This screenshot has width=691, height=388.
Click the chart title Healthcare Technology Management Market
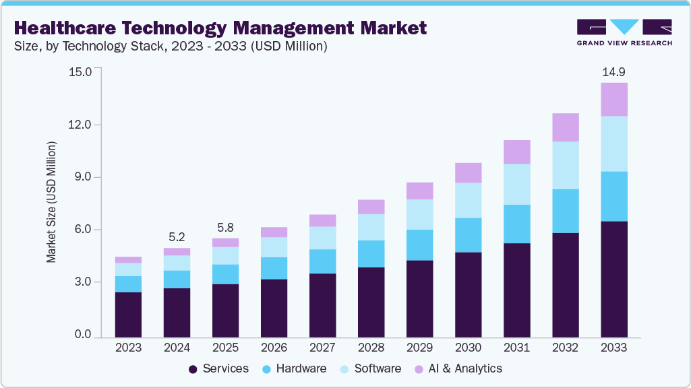coord(220,28)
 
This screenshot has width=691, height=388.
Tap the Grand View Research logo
coord(624,33)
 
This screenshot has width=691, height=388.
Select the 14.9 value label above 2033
coord(614,71)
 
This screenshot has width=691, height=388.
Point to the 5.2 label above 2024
coord(177,236)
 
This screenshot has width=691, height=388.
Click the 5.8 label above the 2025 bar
coord(225,227)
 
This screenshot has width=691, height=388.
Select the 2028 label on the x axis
coord(371,348)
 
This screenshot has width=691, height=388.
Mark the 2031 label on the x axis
coord(516,348)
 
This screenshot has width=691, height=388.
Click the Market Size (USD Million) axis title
coord(51,202)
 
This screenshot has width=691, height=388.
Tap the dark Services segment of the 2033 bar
coord(614,279)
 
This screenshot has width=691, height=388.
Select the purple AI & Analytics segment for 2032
coord(566,127)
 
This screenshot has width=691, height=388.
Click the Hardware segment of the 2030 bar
coord(468,235)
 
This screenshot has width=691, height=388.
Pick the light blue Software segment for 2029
coord(419,214)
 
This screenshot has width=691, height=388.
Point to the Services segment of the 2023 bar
coord(128,314)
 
